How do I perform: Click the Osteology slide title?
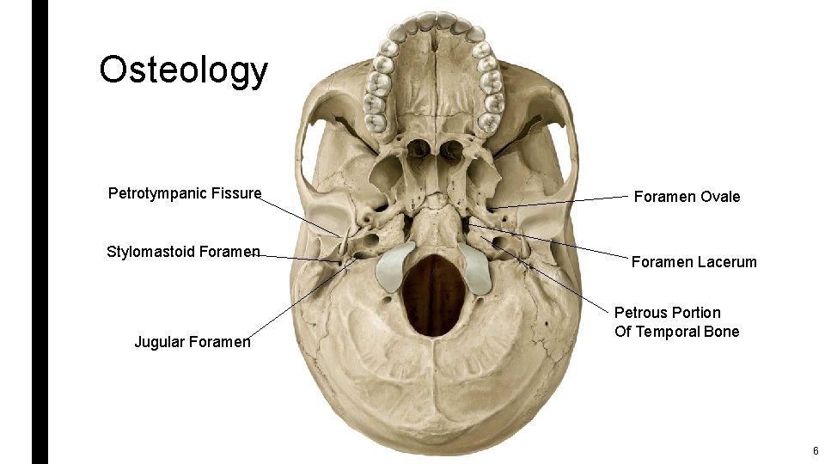[183, 70]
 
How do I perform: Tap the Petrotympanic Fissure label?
[184, 193]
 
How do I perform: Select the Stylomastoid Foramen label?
[183, 252]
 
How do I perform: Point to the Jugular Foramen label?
[192, 342]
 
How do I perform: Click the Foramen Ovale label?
[687, 197]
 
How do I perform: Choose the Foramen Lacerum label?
[694, 262]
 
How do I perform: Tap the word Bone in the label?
[720, 332]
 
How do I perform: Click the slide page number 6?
[815, 451]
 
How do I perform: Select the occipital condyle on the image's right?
[474, 266]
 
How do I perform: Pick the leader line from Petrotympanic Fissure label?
[301, 215]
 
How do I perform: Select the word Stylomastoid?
[150, 252]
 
